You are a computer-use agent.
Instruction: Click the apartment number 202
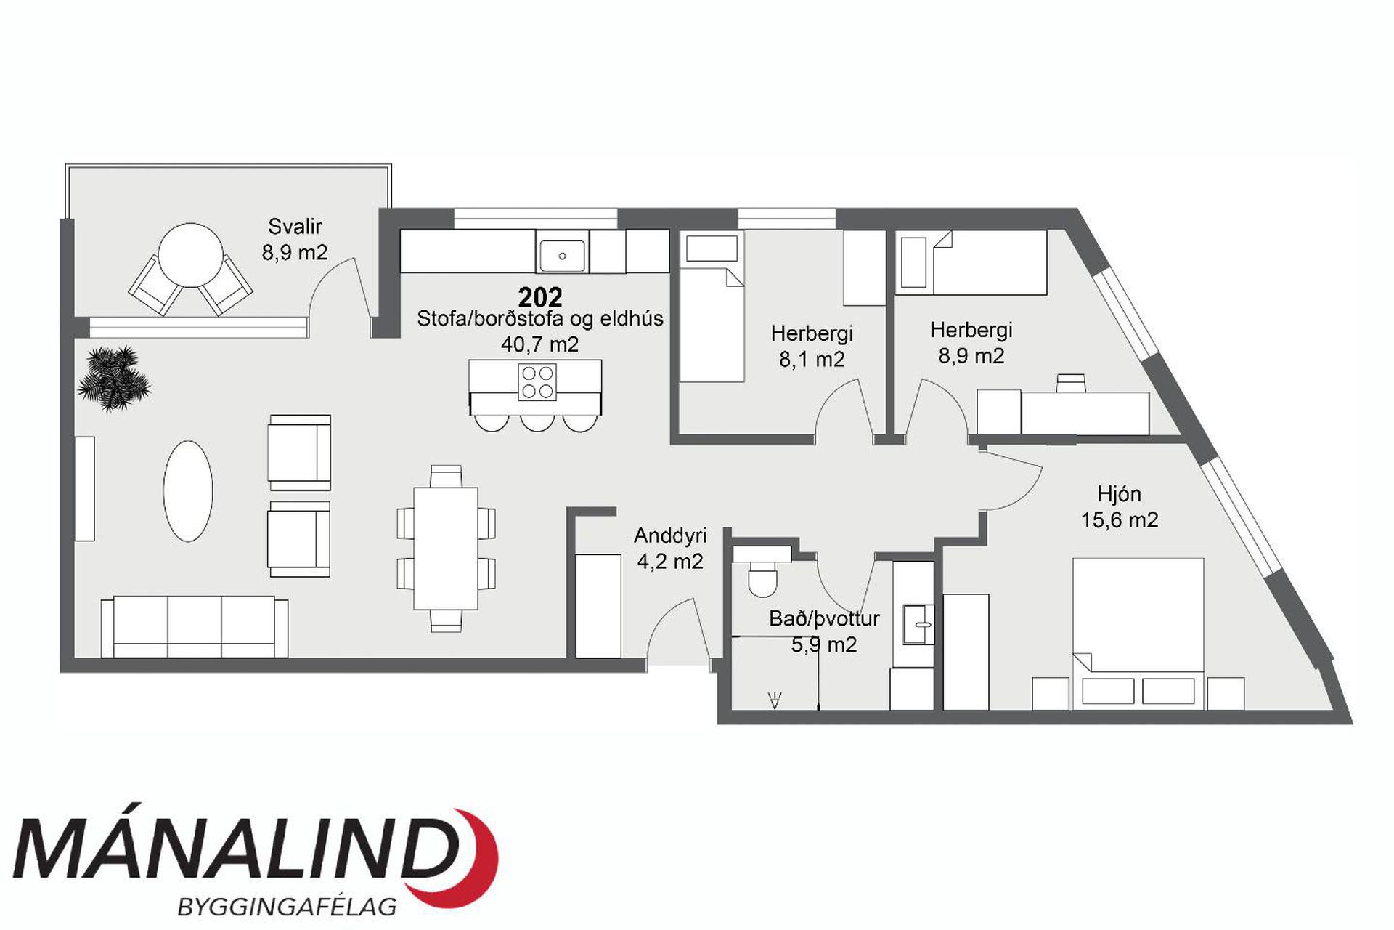point(540,296)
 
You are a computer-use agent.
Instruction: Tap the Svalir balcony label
point(295,227)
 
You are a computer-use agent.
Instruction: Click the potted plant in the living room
point(114,378)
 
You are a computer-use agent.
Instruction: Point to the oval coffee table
point(188,490)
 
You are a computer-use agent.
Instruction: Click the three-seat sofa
point(195,628)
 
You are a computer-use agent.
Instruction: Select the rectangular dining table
point(446,548)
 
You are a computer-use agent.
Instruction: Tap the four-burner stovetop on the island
point(537,382)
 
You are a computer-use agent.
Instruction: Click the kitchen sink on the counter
point(562,256)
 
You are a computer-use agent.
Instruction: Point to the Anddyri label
point(670,535)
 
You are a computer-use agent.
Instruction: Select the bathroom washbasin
point(918,624)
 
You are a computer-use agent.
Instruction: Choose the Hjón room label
point(1119,494)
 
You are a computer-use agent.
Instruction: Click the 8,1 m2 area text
point(812,360)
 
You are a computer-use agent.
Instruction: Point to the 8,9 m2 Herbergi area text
point(971,356)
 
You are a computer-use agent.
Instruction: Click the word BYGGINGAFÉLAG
point(288,907)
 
